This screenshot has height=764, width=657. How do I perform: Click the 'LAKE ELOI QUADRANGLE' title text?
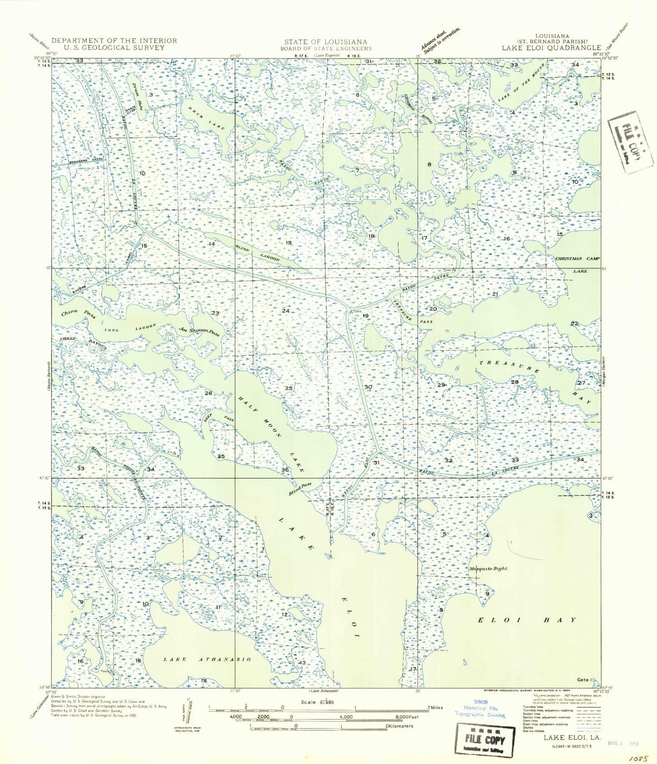(x=551, y=48)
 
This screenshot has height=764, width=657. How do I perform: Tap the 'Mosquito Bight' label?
(x=488, y=568)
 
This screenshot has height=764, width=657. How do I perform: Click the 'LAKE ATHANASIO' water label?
(x=206, y=659)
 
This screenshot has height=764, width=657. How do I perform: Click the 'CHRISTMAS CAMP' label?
(x=577, y=259)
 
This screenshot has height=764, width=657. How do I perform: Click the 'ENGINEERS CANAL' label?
(x=86, y=160)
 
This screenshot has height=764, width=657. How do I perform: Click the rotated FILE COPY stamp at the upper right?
(x=631, y=142)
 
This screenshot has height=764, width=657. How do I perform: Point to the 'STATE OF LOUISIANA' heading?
(x=326, y=42)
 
